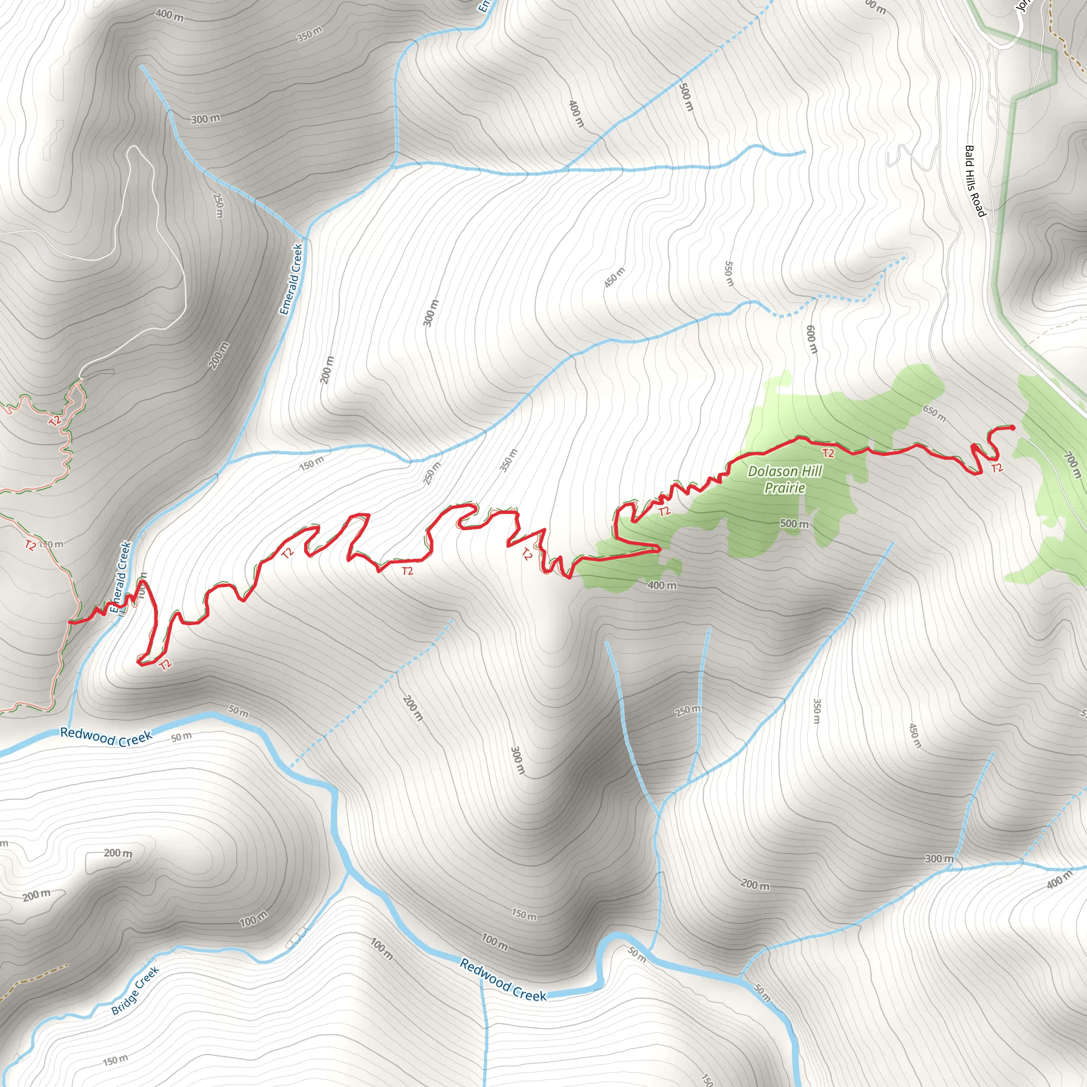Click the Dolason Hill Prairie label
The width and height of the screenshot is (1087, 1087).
[784, 479]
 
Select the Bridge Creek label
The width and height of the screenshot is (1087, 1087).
[135, 990]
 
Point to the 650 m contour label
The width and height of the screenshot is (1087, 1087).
[935, 413]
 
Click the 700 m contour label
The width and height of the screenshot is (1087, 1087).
[1072, 465]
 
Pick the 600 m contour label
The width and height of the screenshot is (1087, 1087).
[812, 339]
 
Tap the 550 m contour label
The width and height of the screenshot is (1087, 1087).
[729, 273]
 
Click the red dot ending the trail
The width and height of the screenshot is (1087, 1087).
[1013, 428]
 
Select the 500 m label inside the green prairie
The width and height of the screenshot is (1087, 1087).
[794, 524]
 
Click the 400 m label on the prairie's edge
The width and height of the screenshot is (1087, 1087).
[662, 585]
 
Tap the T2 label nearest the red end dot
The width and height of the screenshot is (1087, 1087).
[996, 468]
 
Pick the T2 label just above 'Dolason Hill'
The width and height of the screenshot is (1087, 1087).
[827, 453]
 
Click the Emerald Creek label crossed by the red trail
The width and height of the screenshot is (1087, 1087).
[121, 577]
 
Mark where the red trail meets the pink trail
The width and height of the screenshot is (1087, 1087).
[70, 622]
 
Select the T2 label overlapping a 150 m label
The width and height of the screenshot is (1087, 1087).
[31, 545]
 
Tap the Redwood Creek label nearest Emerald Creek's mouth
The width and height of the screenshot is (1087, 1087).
[106, 736]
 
